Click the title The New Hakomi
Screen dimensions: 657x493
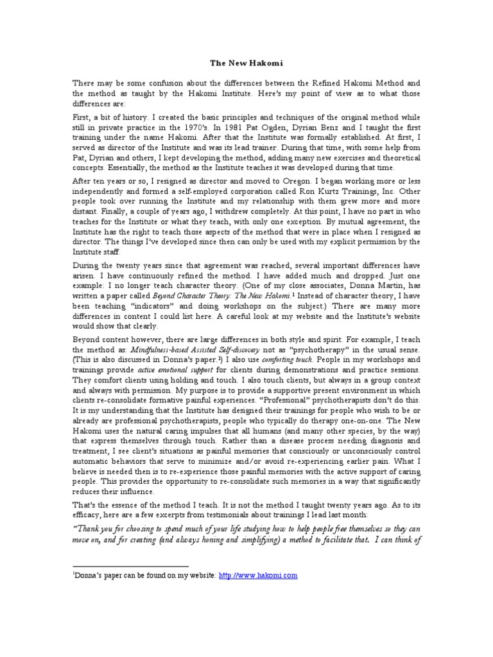tap(246, 63)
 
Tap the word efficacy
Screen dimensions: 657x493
tap(90, 516)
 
